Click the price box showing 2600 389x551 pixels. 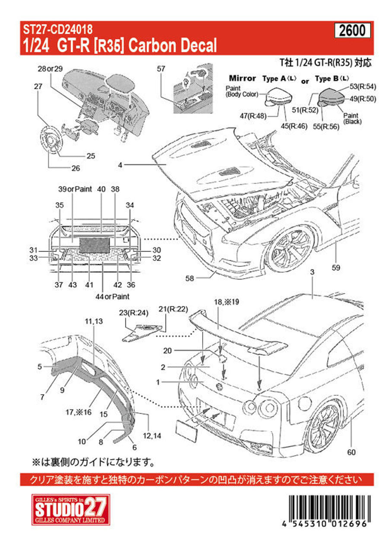click(352, 31)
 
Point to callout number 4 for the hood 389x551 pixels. click(122, 164)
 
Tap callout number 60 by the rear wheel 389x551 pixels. click(351, 452)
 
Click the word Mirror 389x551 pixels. click(242, 78)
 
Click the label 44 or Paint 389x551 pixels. click(113, 296)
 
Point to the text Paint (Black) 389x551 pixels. click(351, 119)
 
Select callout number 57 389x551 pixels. click(161, 68)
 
